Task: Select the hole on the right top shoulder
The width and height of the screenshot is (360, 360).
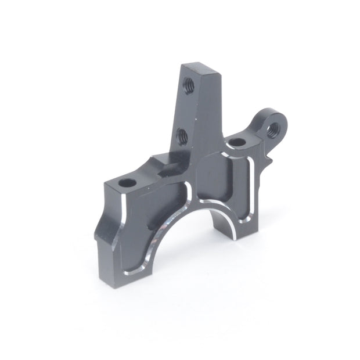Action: (236, 142)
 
